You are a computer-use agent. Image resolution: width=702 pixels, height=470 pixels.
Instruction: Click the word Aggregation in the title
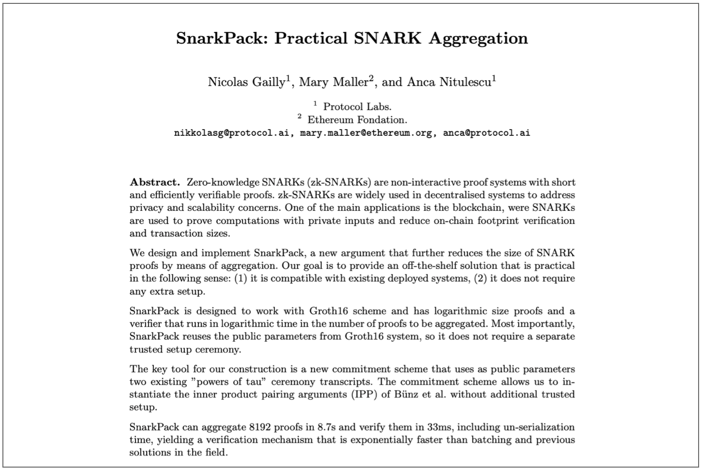pyautogui.click(x=478, y=38)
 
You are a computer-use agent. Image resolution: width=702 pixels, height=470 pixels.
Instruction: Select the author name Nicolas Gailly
pyautogui.click(x=246, y=82)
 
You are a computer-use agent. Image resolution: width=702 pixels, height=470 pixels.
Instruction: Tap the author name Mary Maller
pyautogui.click(x=334, y=82)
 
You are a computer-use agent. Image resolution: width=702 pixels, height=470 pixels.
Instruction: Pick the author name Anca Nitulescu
pyautogui.click(x=449, y=82)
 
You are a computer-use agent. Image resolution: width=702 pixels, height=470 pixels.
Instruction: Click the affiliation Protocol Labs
pyautogui.click(x=357, y=107)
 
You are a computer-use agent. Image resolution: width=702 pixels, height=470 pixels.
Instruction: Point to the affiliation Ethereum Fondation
pyautogui.click(x=357, y=119)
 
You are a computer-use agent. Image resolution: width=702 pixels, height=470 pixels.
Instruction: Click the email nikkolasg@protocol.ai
pyautogui.click(x=232, y=132)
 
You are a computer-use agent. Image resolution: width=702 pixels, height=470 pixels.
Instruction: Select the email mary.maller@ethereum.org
pyautogui.click(x=366, y=132)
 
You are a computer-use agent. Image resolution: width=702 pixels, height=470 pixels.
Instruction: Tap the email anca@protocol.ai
pyautogui.click(x=487, y=132)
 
